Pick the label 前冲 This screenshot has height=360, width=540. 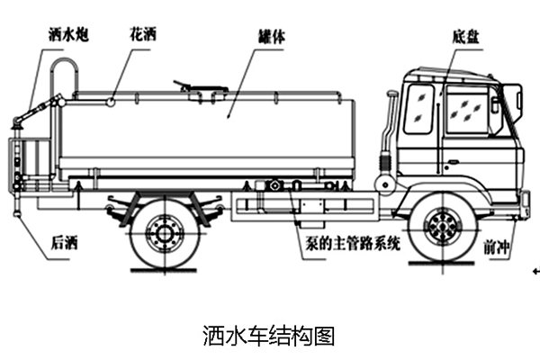[495, 244]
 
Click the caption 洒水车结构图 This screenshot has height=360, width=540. [269, 336]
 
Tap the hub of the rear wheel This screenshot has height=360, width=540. [164, 232]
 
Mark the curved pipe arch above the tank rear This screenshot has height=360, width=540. [63, 72]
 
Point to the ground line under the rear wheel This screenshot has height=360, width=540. [164, 269]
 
